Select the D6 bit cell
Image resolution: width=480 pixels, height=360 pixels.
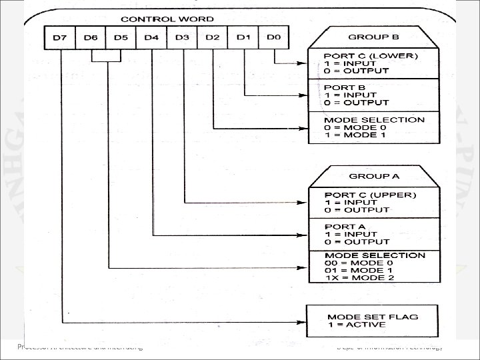pyautogui.click(x=91, y=37)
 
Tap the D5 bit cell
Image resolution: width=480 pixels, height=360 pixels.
pyautogui.click(x=121, y=37)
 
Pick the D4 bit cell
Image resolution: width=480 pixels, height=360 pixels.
pyautogui.click(x=151, y=37)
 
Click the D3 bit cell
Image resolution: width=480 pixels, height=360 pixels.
pyautogui.click(x=182, y=37)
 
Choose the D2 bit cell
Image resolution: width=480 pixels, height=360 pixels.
pyautogui.click(x=212, y=37)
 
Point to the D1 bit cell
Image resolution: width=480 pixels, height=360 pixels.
pyautogui.click(x=243, y=37)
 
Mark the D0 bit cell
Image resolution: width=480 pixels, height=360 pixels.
pyautogui.click(x=273, y=37)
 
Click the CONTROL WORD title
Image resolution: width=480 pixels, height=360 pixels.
pyautogui.click(x=167, y=19)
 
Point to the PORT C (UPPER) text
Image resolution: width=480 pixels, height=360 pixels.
pyautogui.click(x=360, y=195)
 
